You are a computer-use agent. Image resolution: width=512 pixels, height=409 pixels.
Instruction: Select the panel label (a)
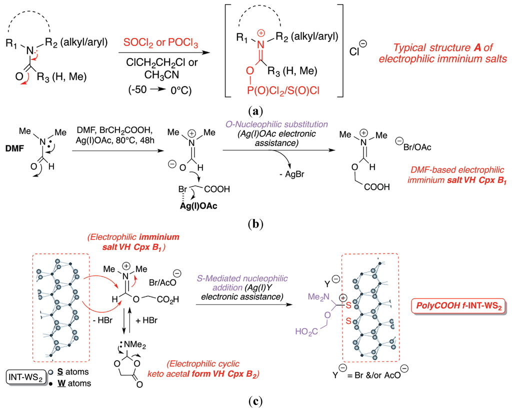point(256,107)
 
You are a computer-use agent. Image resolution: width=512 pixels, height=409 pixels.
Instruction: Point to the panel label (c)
point(256,400)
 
